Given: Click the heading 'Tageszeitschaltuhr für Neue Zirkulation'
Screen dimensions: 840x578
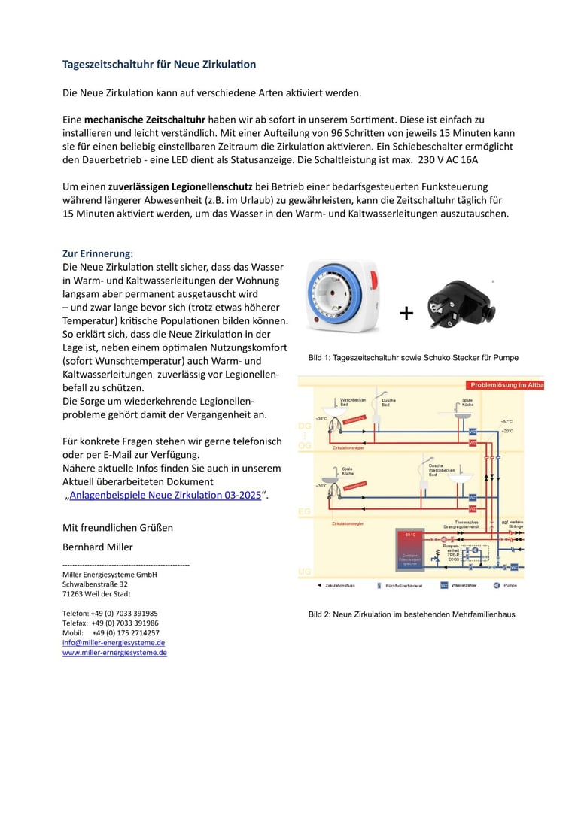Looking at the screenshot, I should (159, 65).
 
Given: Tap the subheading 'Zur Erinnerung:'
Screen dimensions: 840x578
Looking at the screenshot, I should (97, 253).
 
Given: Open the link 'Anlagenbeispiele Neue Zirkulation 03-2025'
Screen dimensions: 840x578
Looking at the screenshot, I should (165, 496).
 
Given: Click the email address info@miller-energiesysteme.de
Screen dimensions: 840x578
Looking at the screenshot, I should (114, 643).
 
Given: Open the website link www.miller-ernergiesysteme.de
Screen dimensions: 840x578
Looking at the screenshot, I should (114, 653).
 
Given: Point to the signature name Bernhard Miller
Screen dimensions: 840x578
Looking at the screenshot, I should (97, 547).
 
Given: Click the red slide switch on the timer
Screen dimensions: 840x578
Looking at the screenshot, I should (371, 282).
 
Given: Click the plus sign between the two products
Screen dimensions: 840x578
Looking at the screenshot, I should (406, 313).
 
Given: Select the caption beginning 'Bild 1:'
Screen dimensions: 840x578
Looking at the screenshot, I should (413, 358).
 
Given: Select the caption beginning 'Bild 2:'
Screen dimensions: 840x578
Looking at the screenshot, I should (412, 614).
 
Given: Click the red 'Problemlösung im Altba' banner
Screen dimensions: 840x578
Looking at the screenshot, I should (507, 385).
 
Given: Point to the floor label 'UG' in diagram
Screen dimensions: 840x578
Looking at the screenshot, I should (304, 572).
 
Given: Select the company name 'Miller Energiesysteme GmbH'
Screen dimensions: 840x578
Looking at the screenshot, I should (109, 575).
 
